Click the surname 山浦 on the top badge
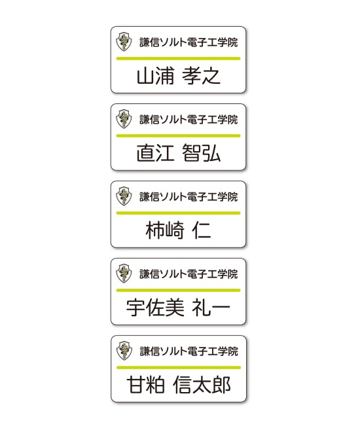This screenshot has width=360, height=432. [156, 76]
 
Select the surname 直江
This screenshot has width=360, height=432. [156, 153]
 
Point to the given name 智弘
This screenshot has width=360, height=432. [202, 153]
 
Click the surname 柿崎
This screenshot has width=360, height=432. [165, 230]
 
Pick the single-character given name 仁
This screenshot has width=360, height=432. [202, 230]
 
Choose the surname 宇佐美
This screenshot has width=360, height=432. [155, 308]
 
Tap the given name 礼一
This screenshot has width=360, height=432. [211, 308]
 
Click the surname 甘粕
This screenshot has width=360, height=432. [146, 385]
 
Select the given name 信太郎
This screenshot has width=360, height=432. [202, 385]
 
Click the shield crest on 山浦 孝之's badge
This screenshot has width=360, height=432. [124, 42]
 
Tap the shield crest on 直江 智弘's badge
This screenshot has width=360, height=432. [124, 118]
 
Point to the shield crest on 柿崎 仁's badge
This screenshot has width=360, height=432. [124, 196]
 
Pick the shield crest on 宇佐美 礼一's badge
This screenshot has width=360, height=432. [124, 274]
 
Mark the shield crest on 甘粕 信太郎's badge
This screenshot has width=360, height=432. [124, 350]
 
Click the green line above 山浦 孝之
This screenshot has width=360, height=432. [179, 58]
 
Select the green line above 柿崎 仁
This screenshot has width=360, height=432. [179, 213]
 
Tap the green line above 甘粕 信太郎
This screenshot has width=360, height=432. [179, 368]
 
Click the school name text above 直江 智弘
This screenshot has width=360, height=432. [189, 120]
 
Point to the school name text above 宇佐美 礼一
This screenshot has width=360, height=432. [189, 274]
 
